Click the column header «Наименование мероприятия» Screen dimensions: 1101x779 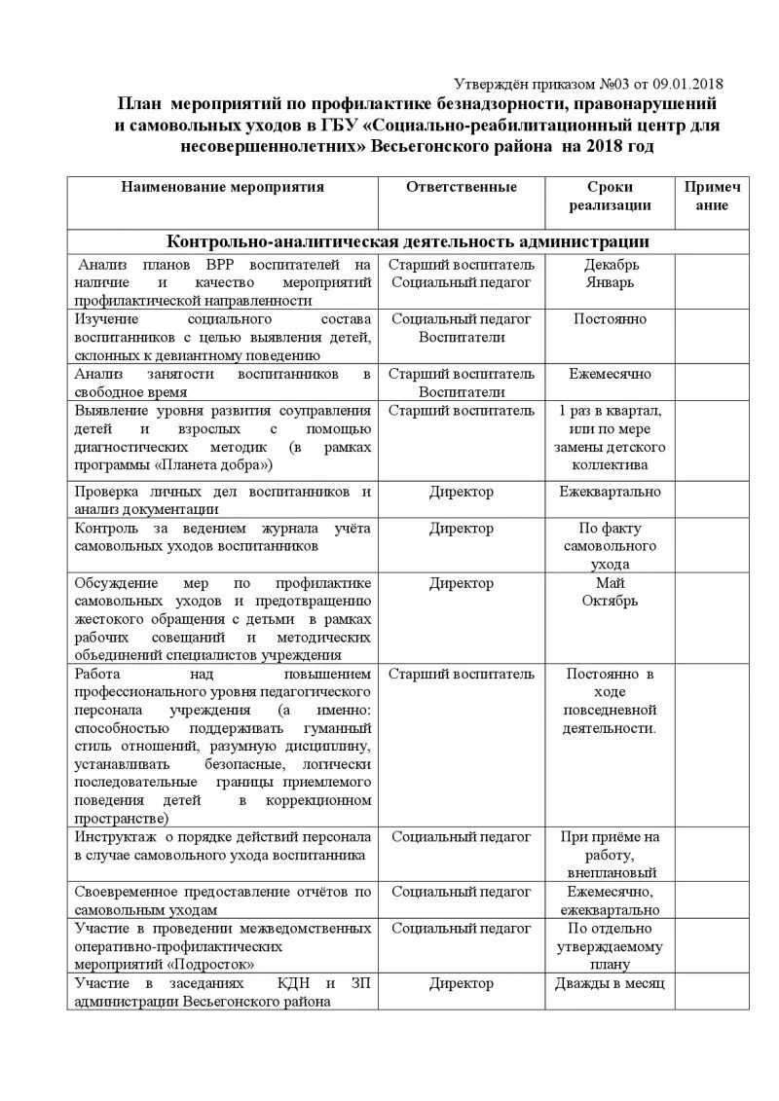click(222, 187)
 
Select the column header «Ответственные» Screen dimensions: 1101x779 click(461, 187)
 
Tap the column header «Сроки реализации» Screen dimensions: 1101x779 click(610, 196)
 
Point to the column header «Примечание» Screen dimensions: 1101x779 click(712, 196)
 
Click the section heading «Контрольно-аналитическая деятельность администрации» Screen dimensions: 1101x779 click(407, 241)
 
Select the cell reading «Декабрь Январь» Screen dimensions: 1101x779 click(610, 273)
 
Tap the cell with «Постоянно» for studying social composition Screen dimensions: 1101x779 click(610, 318)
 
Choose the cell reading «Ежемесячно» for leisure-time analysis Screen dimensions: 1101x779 click(610, 373)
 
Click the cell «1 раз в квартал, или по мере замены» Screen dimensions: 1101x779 click(610, 437)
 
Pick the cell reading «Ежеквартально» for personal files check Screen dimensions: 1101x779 click(610, 492)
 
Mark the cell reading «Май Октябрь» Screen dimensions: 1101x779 click(610, 592)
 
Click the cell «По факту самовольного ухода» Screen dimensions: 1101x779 click(610, 546)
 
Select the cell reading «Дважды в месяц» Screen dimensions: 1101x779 click(610, 983)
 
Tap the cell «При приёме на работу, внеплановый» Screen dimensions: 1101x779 click(610, 854)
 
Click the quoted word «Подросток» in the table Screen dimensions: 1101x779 click(216, 964)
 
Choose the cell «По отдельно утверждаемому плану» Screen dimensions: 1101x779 click(610, 946)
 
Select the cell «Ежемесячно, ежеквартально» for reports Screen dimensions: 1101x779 click(610, 900)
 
